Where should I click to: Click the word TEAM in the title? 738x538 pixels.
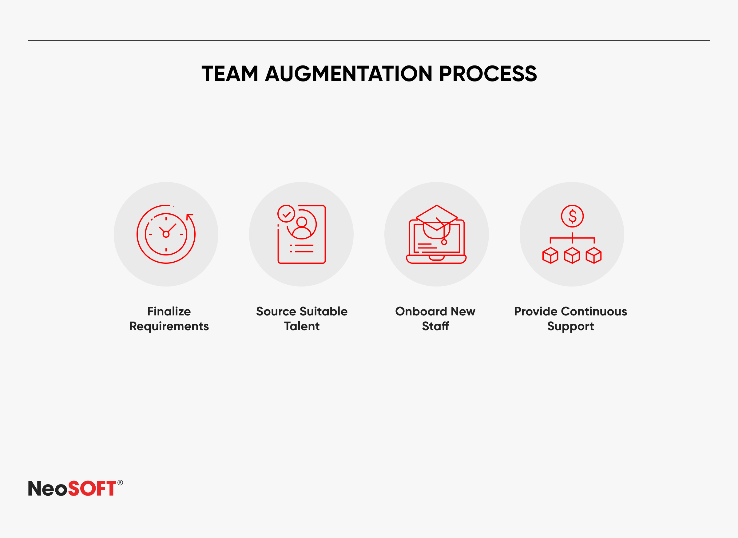point(230,73)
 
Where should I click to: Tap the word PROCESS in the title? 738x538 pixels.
point(488,73)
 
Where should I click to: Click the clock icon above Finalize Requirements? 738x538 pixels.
point(166,234)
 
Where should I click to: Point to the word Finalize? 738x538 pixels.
point(169,311)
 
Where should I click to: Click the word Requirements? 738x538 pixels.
point(169,326)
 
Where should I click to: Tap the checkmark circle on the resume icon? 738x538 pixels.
point(286,214)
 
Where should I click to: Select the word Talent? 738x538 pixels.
point(302,326)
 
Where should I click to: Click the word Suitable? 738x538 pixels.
point(323,311)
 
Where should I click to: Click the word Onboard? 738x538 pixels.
point(421,311)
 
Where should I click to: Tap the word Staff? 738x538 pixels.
point(435,326)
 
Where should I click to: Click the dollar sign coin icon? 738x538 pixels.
point(572,216)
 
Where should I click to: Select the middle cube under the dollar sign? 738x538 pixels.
point(572,255)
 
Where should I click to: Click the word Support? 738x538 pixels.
point(571,326)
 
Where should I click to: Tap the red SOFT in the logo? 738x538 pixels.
point(92,488)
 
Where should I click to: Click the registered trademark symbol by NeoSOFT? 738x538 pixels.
point(120,483)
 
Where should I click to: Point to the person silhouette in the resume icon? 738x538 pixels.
point(302,227)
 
